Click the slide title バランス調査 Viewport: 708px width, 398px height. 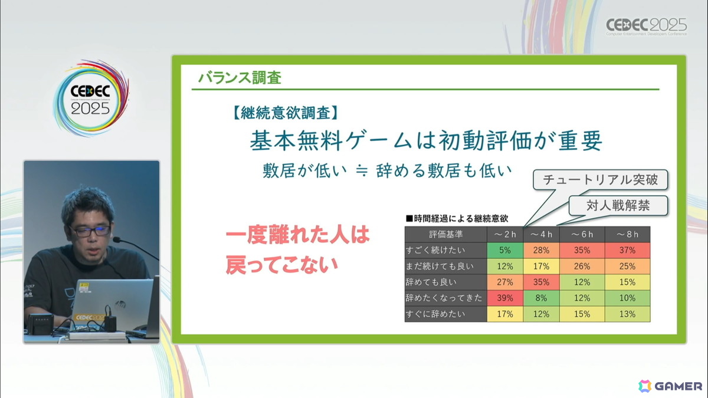point(240,77)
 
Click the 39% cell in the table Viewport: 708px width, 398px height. point(506,298)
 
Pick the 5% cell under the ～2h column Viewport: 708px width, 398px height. point(506,251)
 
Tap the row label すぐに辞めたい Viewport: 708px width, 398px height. point(436,314)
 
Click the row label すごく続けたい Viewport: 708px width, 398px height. point(436,251)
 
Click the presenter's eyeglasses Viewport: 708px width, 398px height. point(90,231)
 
